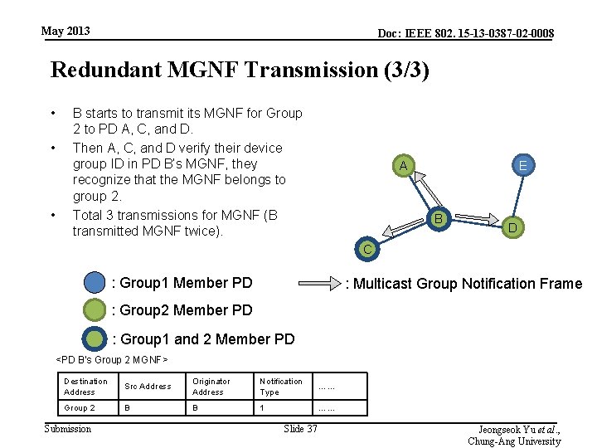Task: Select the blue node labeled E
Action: pyautogui.click(x=522, y=166)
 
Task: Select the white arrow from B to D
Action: pyautogui.click(x=476, y=217)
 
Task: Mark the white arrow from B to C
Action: pyautogui.click(x=404, y=233)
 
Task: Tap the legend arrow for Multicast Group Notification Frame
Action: pyautogui.click(x=318, y=284)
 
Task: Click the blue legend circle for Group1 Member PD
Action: pyautogui.click(x=95, y=284)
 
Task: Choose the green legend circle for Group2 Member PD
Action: pyautogui.click(x=95, y=310)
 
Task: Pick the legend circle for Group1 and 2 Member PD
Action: pyautogui.click(x=95, y=338)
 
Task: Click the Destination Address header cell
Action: pyautogui.click(x=85, y=387)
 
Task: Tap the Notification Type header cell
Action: pyautogui.click(x=281, y=387)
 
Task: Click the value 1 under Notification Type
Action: pyautogui.click(x=262, y=408)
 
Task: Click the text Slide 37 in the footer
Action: pyautogui.click(x=300, y=429)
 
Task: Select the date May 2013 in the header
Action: pyautogui.click(x=66, y=32)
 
